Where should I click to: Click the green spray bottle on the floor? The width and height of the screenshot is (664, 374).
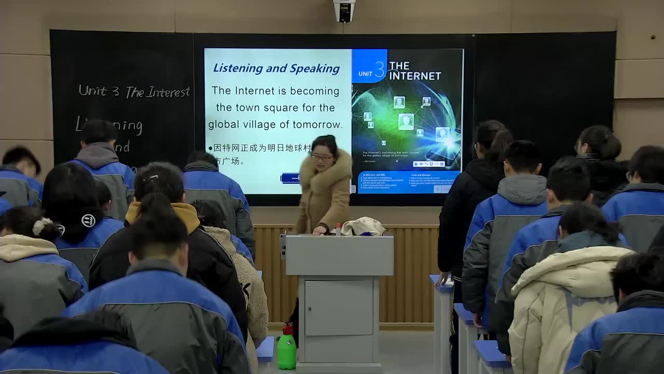286,349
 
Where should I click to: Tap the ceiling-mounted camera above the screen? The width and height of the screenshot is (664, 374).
344,10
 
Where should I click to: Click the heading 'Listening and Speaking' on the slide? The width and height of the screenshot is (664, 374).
276,68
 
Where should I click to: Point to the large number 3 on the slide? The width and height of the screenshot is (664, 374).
380,69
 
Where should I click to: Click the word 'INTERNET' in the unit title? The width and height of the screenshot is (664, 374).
415,76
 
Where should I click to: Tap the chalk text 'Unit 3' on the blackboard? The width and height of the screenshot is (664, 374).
99,90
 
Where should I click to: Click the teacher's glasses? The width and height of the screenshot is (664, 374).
322,157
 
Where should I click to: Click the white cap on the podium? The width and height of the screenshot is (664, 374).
363,226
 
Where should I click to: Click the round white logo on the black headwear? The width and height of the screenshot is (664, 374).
88,221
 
